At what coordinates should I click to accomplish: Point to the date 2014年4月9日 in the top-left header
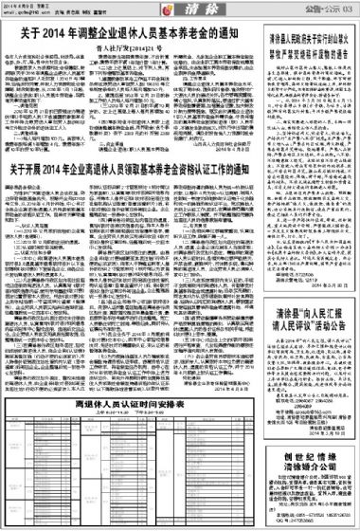pos(17,5)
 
